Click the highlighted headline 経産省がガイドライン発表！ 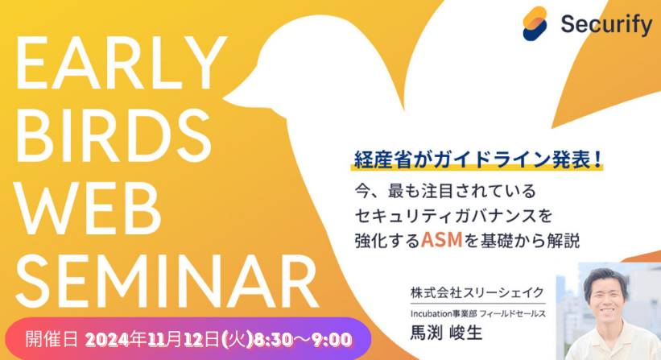tap(477, 158)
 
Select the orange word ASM tap(437, 239)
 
